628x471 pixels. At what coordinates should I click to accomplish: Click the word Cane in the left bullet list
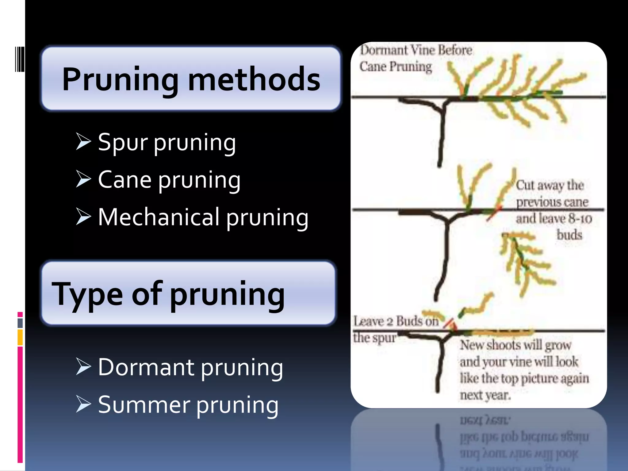(x=124, y=180)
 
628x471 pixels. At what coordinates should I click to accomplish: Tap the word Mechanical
(x=159, y=217)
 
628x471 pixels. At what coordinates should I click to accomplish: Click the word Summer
(x=144, y=405)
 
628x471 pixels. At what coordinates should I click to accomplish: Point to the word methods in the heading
(x=254, y=79)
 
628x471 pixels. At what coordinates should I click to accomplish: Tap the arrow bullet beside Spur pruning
(x=83, y=141)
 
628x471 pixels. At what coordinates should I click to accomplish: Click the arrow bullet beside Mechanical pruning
(x=83, y=216)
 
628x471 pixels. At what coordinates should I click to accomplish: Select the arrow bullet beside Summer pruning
(x=83, y=404)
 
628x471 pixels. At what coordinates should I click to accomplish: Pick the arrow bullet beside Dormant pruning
(x=83, y=366)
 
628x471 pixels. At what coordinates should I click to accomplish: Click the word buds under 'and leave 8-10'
(x=569, y=235)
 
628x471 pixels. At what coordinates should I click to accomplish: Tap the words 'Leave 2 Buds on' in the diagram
(x=396, y=321)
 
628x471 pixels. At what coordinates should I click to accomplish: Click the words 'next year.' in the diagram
(x=485, y=395)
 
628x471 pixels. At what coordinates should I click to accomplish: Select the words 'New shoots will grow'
(x=515, y=345)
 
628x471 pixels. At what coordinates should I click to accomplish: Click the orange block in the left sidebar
(x=20, y=337)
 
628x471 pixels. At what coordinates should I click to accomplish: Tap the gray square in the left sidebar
(x=20, y=323)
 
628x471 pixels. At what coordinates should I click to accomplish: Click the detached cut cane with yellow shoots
(x=524, y=261)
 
